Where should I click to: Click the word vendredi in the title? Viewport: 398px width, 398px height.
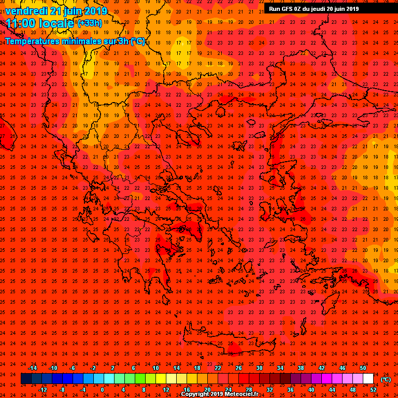pos(26,11)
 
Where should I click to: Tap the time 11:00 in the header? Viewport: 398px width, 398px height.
pos(20,23)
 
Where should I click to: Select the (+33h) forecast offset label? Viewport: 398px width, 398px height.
pos(89,23)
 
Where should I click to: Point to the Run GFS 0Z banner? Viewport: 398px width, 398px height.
pos(314,9)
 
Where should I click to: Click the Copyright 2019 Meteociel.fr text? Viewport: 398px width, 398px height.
pos(219,394)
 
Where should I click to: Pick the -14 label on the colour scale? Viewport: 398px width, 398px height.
pos(32,368)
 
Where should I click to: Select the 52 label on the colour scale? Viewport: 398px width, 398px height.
pos(373,390)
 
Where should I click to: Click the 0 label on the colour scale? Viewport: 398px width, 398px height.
pos(102,390)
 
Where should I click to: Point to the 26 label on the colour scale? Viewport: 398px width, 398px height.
pos(238,368)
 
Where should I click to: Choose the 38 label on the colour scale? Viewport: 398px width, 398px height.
pos(301,368)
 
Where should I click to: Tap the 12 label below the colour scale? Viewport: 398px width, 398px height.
pos(166,390)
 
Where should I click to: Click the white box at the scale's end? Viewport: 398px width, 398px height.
pos(368,379)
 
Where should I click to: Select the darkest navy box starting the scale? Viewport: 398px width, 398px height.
pos(26,379)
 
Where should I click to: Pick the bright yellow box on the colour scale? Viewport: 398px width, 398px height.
pos(161,379)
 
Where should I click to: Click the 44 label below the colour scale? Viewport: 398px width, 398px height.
pos(332,390)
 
